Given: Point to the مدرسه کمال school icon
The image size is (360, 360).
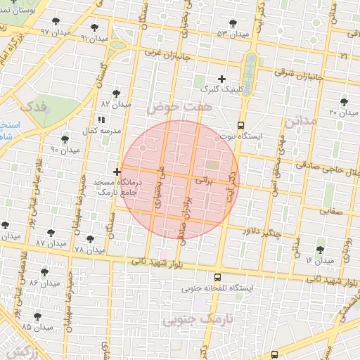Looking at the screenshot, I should (101, 120).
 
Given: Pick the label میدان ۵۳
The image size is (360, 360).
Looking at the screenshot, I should (233, 34).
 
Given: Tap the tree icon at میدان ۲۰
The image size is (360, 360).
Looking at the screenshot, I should (343, 102).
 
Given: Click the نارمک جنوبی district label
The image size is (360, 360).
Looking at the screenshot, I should (191, 321).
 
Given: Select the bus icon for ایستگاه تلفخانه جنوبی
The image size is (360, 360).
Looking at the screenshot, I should (217, 277).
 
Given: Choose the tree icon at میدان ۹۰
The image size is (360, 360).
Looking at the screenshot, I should (65, 139).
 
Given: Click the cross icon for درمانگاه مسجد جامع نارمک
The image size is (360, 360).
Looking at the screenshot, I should (117, 172).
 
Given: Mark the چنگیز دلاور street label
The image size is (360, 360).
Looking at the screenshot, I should (262, 231).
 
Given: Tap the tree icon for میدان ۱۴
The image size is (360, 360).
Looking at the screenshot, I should (321, 250).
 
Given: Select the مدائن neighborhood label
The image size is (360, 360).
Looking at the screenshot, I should (302, 122).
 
